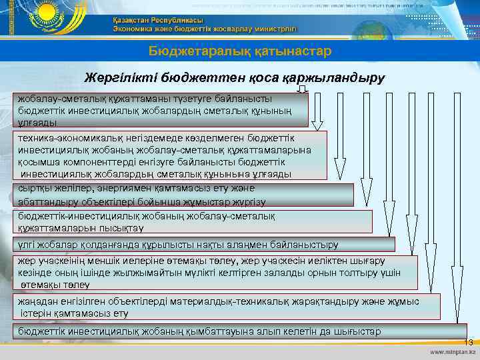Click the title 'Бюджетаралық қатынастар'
pyautogui.click(x=239, y=51)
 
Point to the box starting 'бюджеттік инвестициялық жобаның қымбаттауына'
pyautogui.click(x=240, y=331)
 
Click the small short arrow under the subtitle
pyautogui.click(x=303, y=89)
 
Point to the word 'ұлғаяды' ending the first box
pyautogui.click(x=38, y=123)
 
